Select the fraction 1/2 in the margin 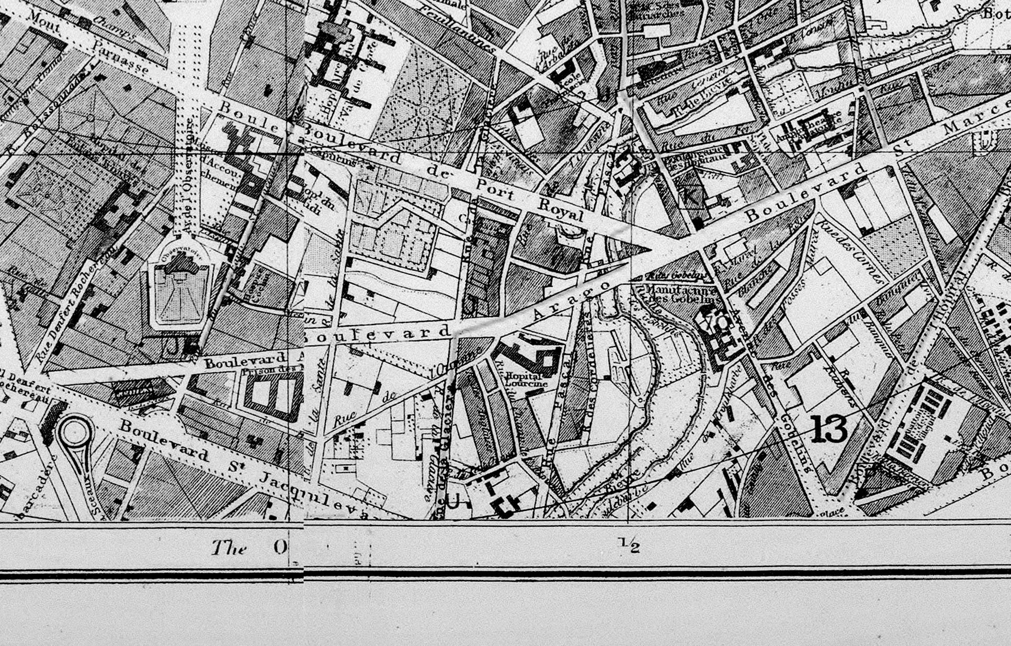pyautogui.click(x=630, y=546)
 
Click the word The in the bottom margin pyautogui.click(x=229, y=548)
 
